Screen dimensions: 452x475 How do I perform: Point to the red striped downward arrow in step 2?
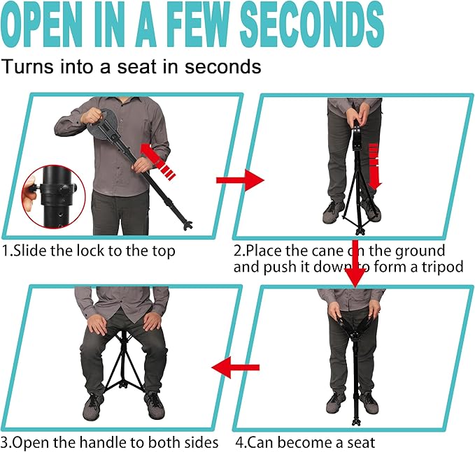(x=374, y=164)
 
